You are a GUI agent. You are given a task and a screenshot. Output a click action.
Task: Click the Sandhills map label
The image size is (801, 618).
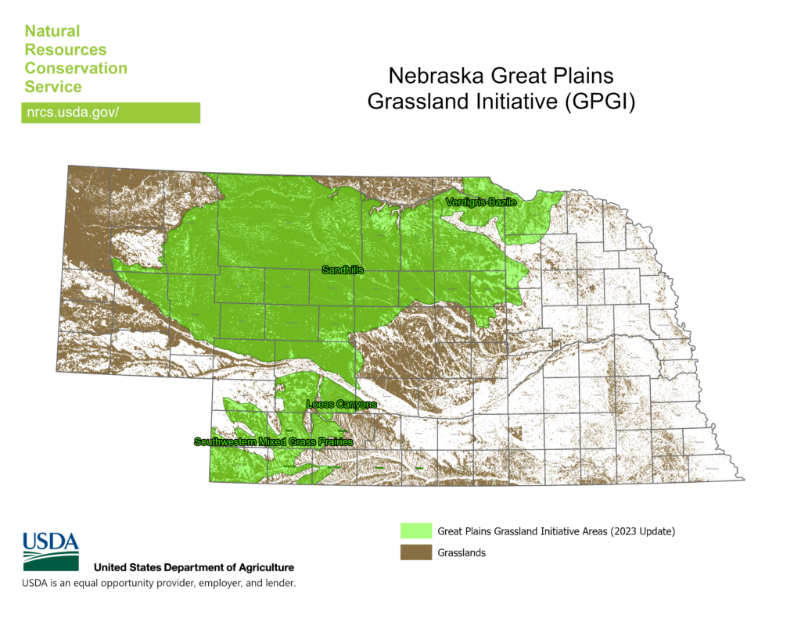[x=343, y=270]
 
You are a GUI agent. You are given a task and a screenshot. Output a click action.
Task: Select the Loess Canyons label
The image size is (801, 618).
[x=341, y=405]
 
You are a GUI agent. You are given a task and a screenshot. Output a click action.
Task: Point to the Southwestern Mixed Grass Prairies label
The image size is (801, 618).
[x=273, y=442]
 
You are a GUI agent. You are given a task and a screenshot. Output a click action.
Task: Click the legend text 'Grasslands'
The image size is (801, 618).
[x=462, y=553]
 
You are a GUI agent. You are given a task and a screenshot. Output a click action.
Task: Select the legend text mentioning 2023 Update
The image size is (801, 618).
[x=555, y=531]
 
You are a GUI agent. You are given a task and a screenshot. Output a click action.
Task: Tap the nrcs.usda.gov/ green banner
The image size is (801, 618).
[x=110, y=113]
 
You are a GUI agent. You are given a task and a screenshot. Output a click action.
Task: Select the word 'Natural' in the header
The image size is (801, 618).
[x=52, y=31]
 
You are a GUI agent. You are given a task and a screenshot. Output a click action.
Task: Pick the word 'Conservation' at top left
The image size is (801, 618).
[x=76, y=68]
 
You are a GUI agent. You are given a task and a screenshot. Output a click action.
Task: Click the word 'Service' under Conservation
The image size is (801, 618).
[x=53, y=87]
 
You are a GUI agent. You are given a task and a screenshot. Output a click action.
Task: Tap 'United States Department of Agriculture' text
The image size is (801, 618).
[x=194, y=567]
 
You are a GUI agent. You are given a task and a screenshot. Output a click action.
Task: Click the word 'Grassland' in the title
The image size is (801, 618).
[x=419, y=102]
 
